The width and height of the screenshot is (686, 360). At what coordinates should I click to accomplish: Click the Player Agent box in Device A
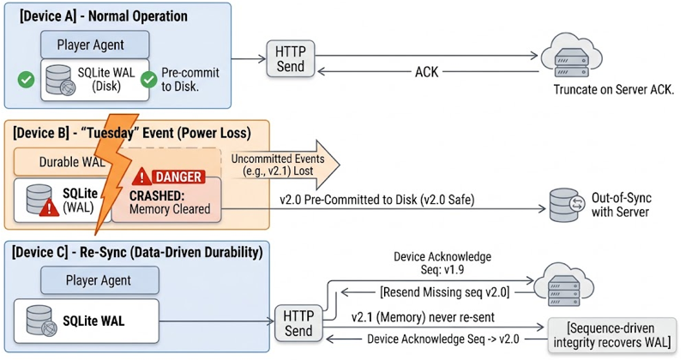point(95,45)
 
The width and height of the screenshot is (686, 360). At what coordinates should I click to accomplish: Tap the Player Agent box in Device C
point(99,280)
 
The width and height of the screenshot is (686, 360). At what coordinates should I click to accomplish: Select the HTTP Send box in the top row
point(291,59)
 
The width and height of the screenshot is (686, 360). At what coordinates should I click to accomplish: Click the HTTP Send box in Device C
point(298,323)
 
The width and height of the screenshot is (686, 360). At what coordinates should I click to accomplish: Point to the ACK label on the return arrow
point(426,72)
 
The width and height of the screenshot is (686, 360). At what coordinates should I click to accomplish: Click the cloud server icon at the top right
point(571,57)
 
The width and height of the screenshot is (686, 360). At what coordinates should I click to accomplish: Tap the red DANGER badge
point(178,177)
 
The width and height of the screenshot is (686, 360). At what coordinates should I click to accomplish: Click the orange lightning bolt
point(114,171)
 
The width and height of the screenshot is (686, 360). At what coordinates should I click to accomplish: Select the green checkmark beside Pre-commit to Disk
point(148,80)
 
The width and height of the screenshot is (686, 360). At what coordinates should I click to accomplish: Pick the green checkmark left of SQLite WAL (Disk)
point(27,80)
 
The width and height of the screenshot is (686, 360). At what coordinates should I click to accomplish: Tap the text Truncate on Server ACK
point(614,90)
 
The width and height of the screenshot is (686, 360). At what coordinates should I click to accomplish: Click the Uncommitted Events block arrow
point(280,165)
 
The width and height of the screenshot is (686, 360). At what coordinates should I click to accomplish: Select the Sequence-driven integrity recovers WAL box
point(612,335)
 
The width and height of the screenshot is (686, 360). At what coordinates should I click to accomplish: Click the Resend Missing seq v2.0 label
point(445,291)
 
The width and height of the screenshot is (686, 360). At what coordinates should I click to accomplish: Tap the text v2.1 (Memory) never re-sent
point(423,317)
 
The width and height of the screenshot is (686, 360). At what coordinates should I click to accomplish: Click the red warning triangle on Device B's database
point(49,207)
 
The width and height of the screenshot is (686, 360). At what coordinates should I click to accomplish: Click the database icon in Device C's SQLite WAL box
point(41,321)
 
